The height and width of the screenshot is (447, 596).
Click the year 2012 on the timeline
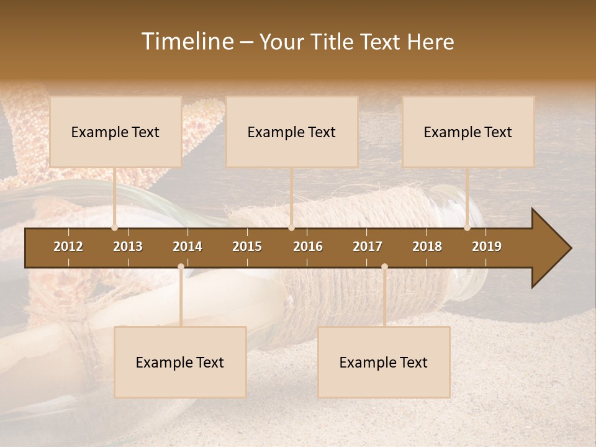click(68, 246)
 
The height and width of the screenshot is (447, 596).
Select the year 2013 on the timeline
click(128, 246)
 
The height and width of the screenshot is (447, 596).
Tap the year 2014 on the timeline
click(187, 246)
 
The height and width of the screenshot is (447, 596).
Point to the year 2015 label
click(247, 246)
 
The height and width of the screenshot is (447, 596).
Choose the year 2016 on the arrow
click(308, 246)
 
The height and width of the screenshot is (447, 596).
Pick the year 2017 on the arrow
click(368, 246)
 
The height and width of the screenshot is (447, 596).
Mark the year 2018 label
click(427, 246)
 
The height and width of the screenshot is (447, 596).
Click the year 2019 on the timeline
click(487, 246)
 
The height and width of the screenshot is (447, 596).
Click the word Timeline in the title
click(187, 42)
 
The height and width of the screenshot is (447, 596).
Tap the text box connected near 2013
click(115, 132)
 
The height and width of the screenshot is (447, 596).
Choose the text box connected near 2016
click(292, 132)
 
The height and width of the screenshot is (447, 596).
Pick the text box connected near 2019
click(468, 132)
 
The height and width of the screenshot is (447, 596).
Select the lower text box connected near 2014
click(180, 362)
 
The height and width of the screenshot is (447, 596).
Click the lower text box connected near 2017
click(384, 362)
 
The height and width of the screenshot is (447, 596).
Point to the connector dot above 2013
click(115, 228)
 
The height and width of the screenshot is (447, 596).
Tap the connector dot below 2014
click(181, 266)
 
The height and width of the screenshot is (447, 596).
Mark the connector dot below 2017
click(384, 266)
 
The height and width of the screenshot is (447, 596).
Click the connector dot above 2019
click(467, 228)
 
